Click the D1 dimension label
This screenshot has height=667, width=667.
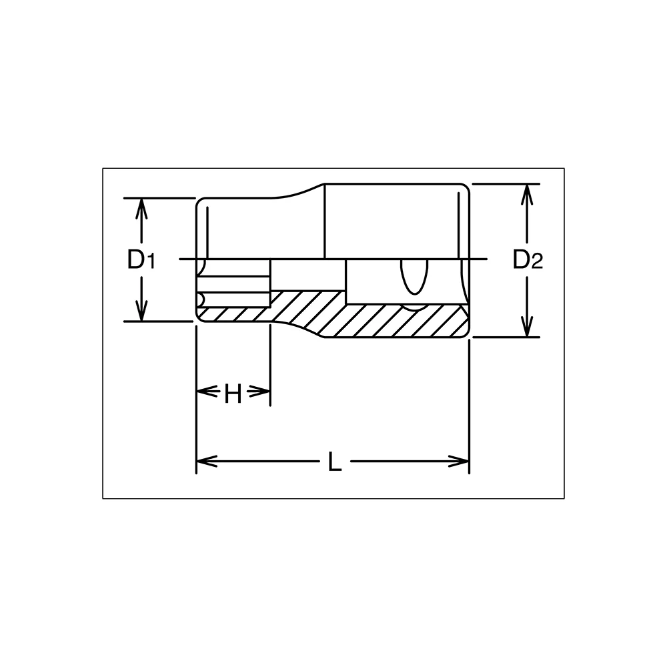(x=141, y=259)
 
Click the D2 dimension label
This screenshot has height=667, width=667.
(x=528, y=259)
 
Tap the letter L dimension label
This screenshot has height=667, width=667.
(x=335, y=462)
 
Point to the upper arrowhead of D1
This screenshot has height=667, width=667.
(x=141, y=208)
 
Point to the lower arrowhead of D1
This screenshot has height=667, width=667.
(x=141, y=311)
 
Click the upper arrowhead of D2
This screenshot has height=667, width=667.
(x=527, y=194)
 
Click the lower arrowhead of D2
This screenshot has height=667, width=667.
(x=527, y=327)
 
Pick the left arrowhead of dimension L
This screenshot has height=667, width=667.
(x=207, y=461)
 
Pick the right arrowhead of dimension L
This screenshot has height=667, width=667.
(x=459, y=461)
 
